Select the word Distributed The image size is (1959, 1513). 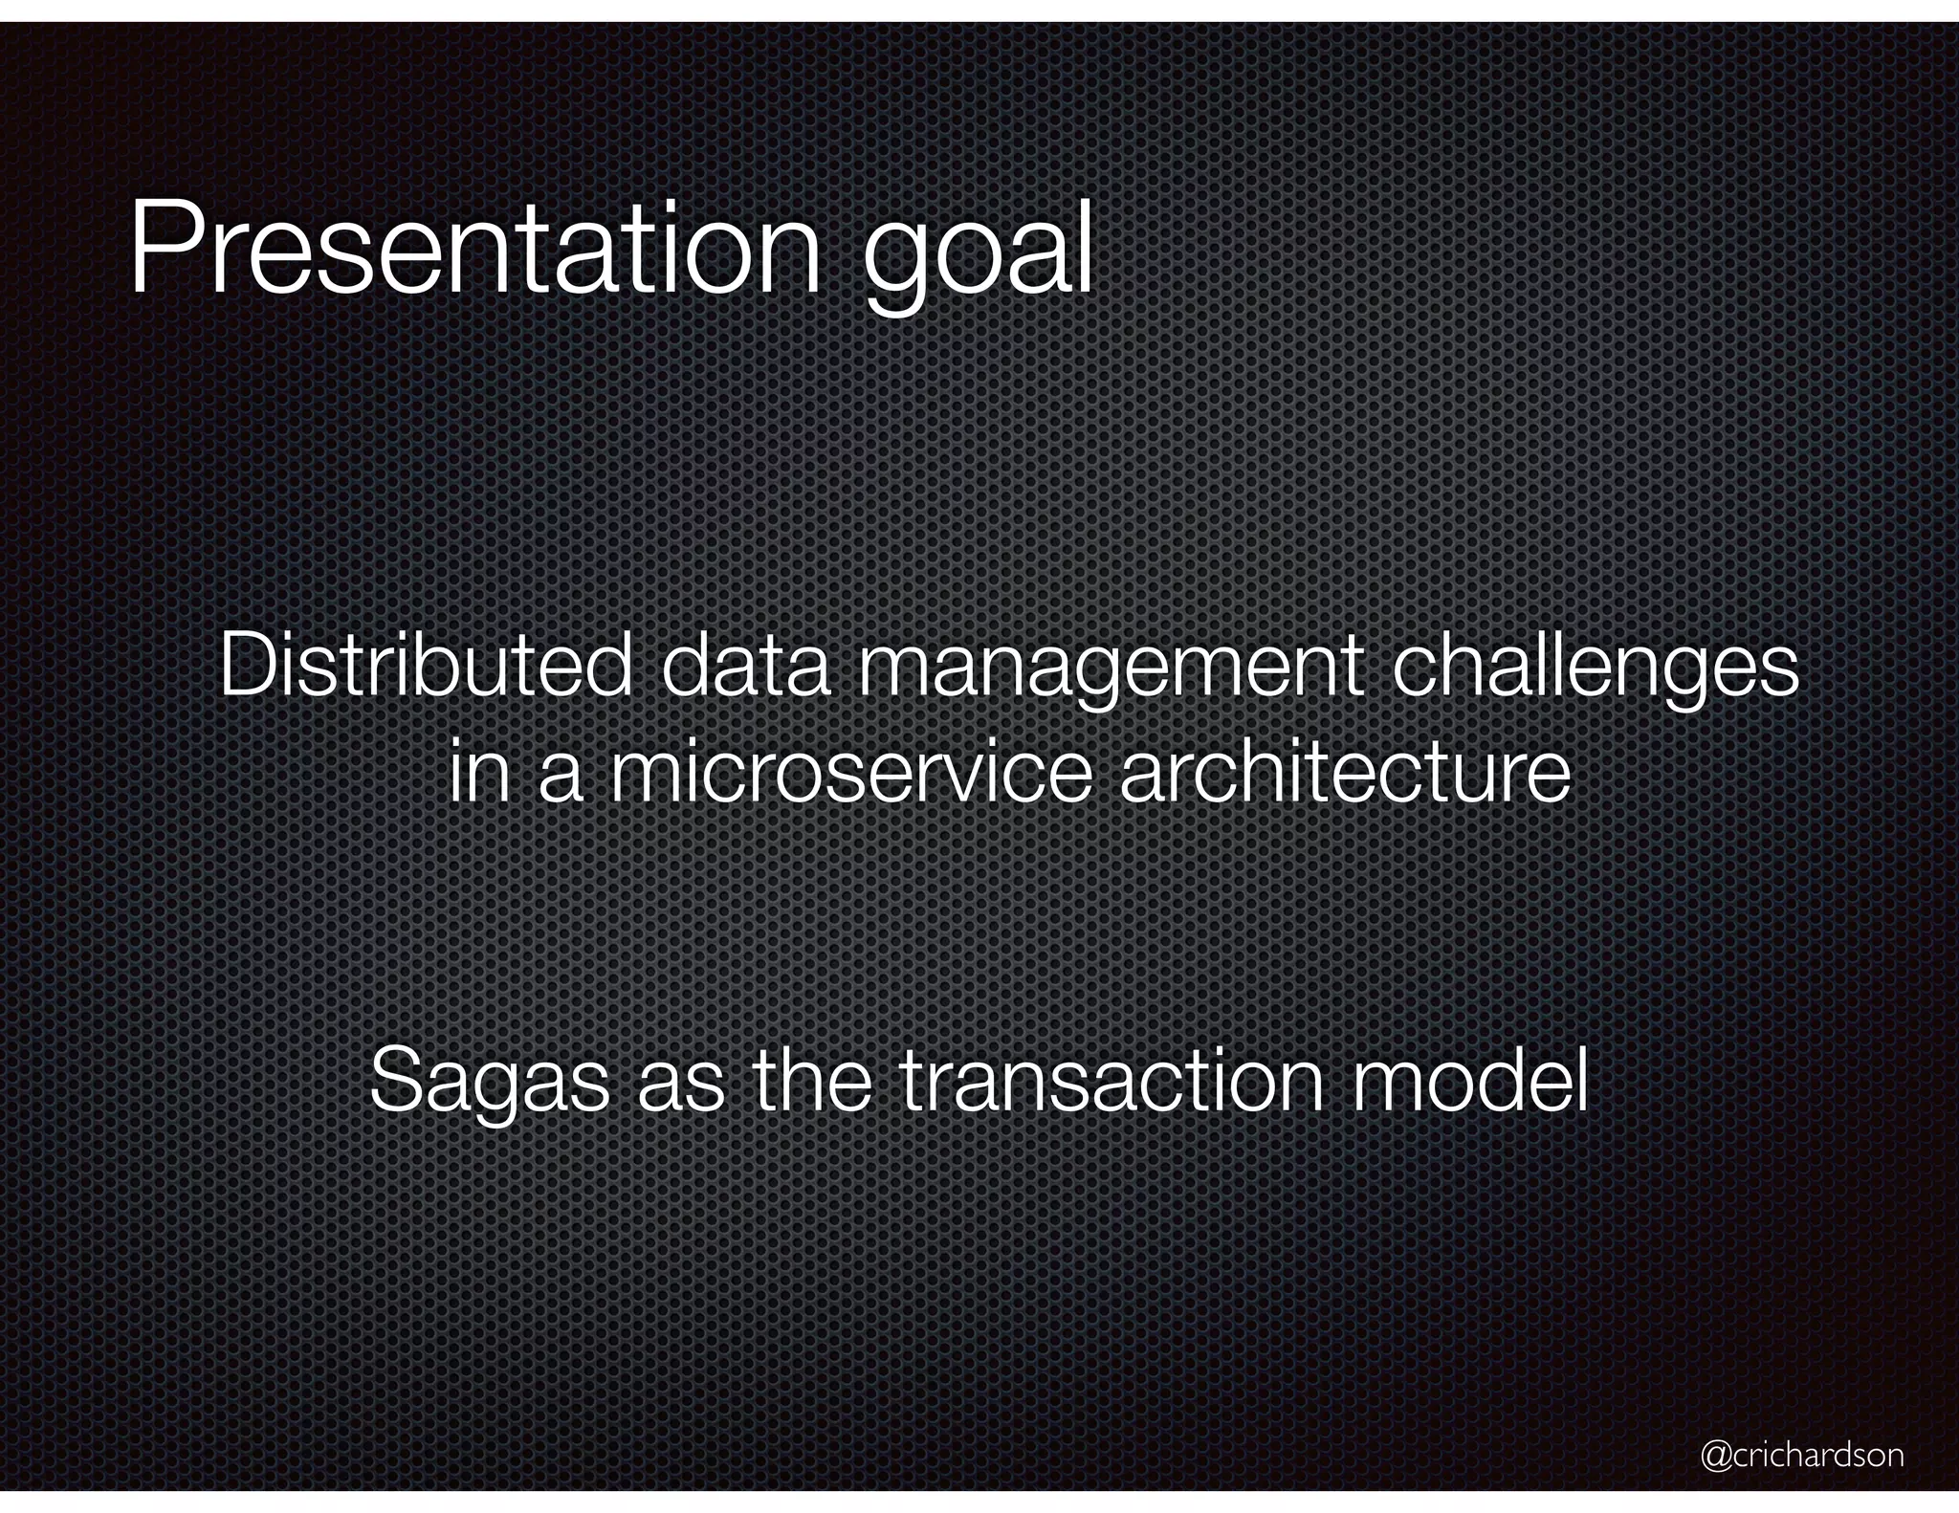click(x=425, y=666)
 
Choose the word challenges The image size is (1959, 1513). click(x=1595, y=669)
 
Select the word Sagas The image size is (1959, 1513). click(x=489, y=1083)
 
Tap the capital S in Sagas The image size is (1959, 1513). click(x=393, y=1081)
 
